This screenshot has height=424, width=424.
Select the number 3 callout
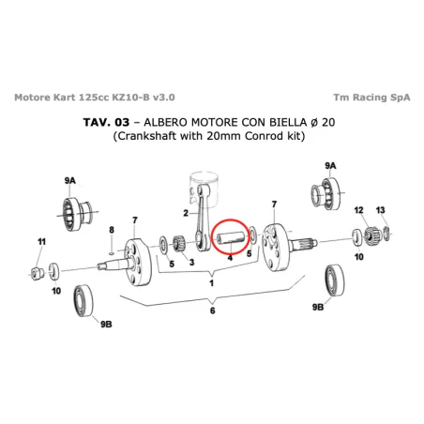point(190,264)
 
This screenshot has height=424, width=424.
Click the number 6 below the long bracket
point(213,310)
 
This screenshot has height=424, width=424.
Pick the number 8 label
point(111,230)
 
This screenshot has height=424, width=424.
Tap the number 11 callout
point(40,242)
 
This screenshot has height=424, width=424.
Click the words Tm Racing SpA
point(369,97)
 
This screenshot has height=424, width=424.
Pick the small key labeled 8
point(111,250)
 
